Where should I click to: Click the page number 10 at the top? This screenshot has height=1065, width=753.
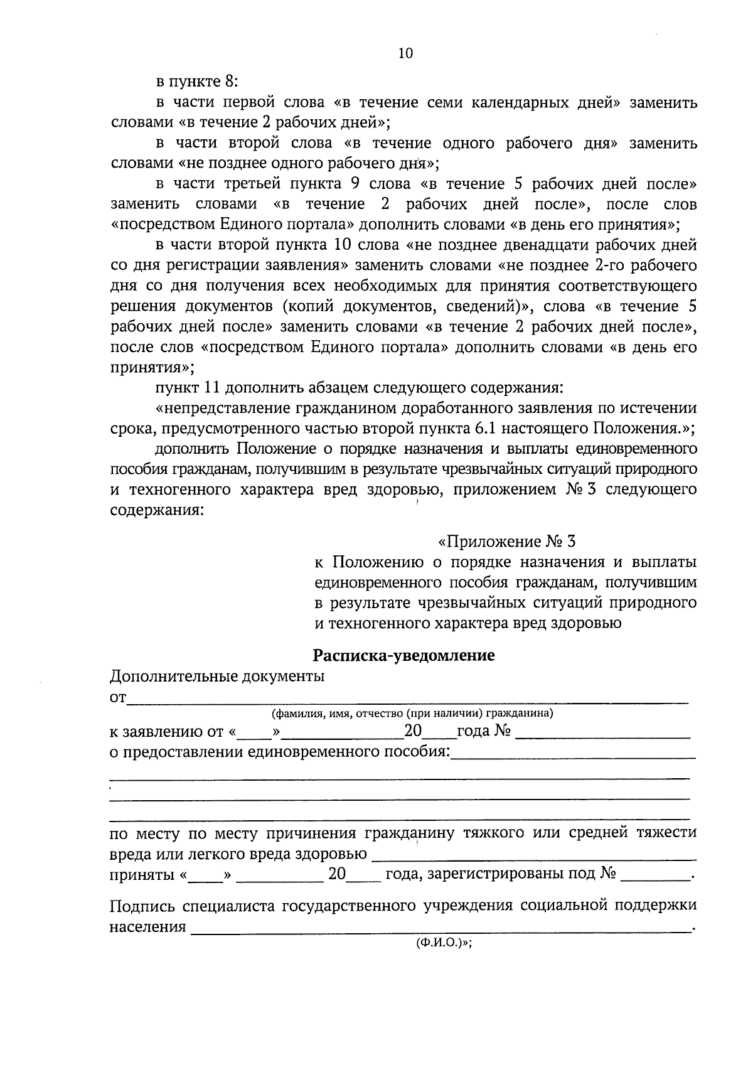(405, 53)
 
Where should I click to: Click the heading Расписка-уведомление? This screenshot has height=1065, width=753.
(404, 656)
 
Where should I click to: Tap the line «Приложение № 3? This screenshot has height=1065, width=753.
(506, 541)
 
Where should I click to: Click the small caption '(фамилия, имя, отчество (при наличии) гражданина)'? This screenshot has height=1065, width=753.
(412, 713)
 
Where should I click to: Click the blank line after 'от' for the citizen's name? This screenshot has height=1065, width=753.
(408, 700)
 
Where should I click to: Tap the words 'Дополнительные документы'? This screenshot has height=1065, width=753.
(217, 677)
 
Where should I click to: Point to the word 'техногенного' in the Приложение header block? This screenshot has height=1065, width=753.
(371, 623)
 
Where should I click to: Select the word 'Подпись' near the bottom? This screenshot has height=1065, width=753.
(142, 906)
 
